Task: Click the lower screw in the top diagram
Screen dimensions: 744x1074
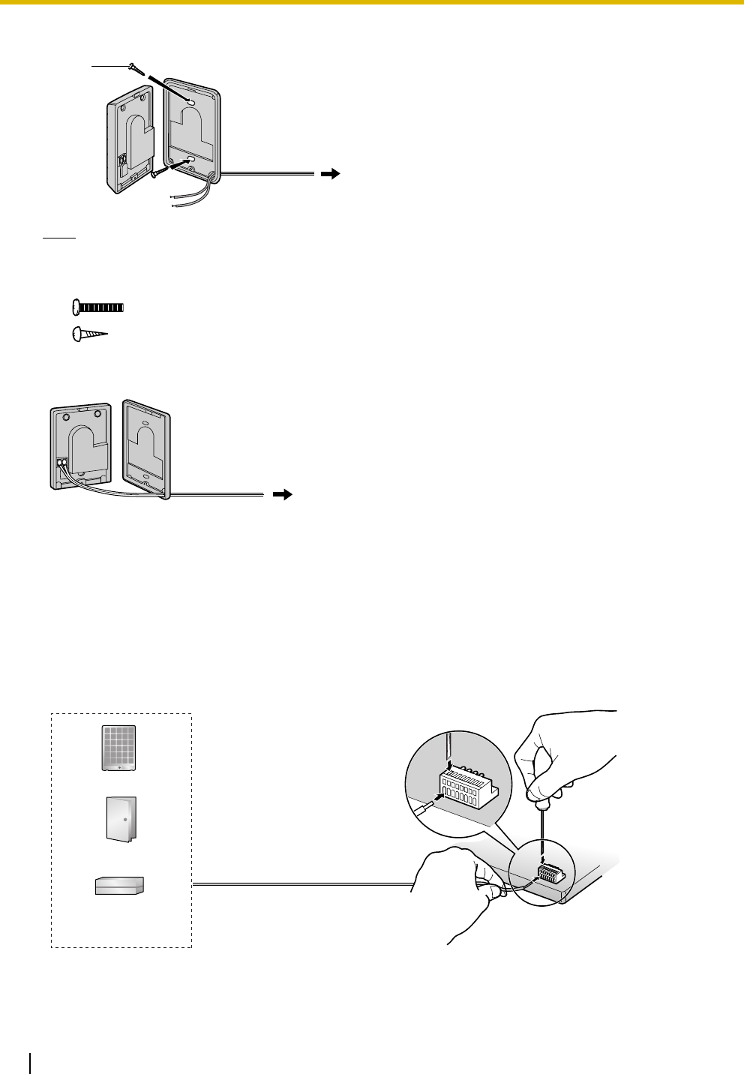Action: click(x=157, y=172)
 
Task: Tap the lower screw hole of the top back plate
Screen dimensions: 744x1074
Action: click(x=188, y=159)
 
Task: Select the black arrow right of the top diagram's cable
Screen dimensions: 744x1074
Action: click(x=329, y=174)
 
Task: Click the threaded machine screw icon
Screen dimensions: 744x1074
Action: click(x=98, y=307)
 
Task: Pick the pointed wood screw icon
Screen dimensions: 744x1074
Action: click(x=90, y=334)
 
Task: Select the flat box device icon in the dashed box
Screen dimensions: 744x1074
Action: click(x=120, y=886)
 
